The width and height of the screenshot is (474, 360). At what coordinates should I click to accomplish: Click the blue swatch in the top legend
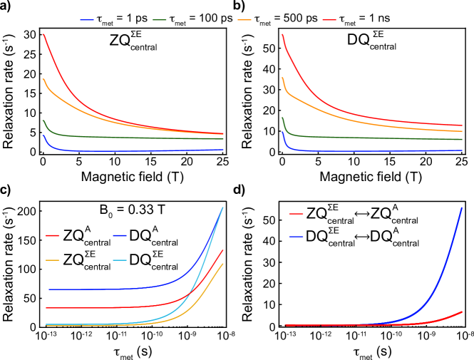point(87,20)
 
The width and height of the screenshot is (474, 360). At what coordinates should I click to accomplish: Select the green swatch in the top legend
point(160,20)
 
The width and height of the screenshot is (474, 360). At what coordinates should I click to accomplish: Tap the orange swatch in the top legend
point(244,20)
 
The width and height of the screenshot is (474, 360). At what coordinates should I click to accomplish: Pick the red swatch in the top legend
point(329,20)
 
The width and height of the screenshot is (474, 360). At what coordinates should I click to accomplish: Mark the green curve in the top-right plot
point(371,137)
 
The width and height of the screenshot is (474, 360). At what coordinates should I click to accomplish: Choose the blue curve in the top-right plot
point(371,150)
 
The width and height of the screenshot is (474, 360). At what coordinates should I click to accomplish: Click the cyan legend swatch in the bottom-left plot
point(120,260)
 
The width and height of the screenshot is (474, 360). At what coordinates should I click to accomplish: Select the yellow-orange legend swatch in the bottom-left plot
point(53,260)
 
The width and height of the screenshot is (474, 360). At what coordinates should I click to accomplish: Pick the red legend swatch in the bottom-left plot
point(53,235)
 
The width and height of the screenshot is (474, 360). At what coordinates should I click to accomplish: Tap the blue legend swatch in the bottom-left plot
point(120,235)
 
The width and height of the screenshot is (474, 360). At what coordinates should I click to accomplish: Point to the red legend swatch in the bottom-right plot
point(296,213)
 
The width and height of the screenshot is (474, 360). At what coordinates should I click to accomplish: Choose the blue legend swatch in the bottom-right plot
point(296,237)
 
